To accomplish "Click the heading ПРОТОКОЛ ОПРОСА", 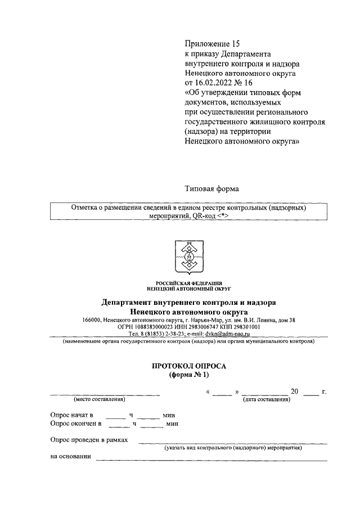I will (x=188, y=366).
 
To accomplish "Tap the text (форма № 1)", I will (x=188, y=375).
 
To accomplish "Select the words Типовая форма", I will (x=211, y=190).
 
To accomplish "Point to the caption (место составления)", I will (x=99, y=400).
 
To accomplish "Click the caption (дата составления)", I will (x=266, y=400).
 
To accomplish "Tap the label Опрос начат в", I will (x=71, y=415).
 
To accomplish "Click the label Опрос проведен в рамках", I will (x=89, y=441).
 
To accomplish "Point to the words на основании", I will (x=70, y=457).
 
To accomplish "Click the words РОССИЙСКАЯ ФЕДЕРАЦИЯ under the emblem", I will (x=188, y=283).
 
